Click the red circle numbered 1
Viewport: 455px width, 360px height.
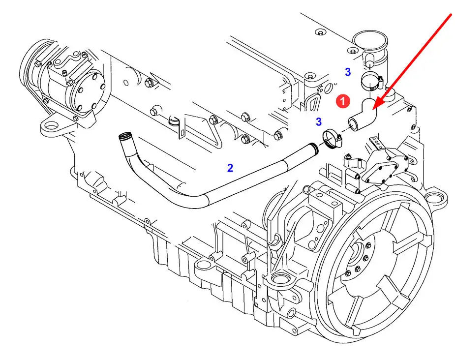pyautogui.click(x=343, y=101)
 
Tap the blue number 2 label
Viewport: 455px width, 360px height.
pyautogui.click(x=230, y=168)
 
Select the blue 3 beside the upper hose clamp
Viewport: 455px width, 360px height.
pyautogui.click(x=348, y=72)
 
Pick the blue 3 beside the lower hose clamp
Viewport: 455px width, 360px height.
pyautogui.click(x=319, y=121)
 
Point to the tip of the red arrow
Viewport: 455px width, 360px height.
pyautogui.click(x=372, y=109)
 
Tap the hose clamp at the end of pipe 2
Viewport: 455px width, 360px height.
pyautogui.click(x=332, y=138)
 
